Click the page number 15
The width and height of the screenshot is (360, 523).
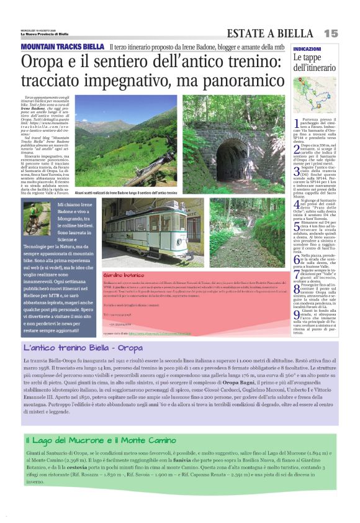[330, 32]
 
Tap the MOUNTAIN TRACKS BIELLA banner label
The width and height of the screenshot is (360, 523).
[62, 47]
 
